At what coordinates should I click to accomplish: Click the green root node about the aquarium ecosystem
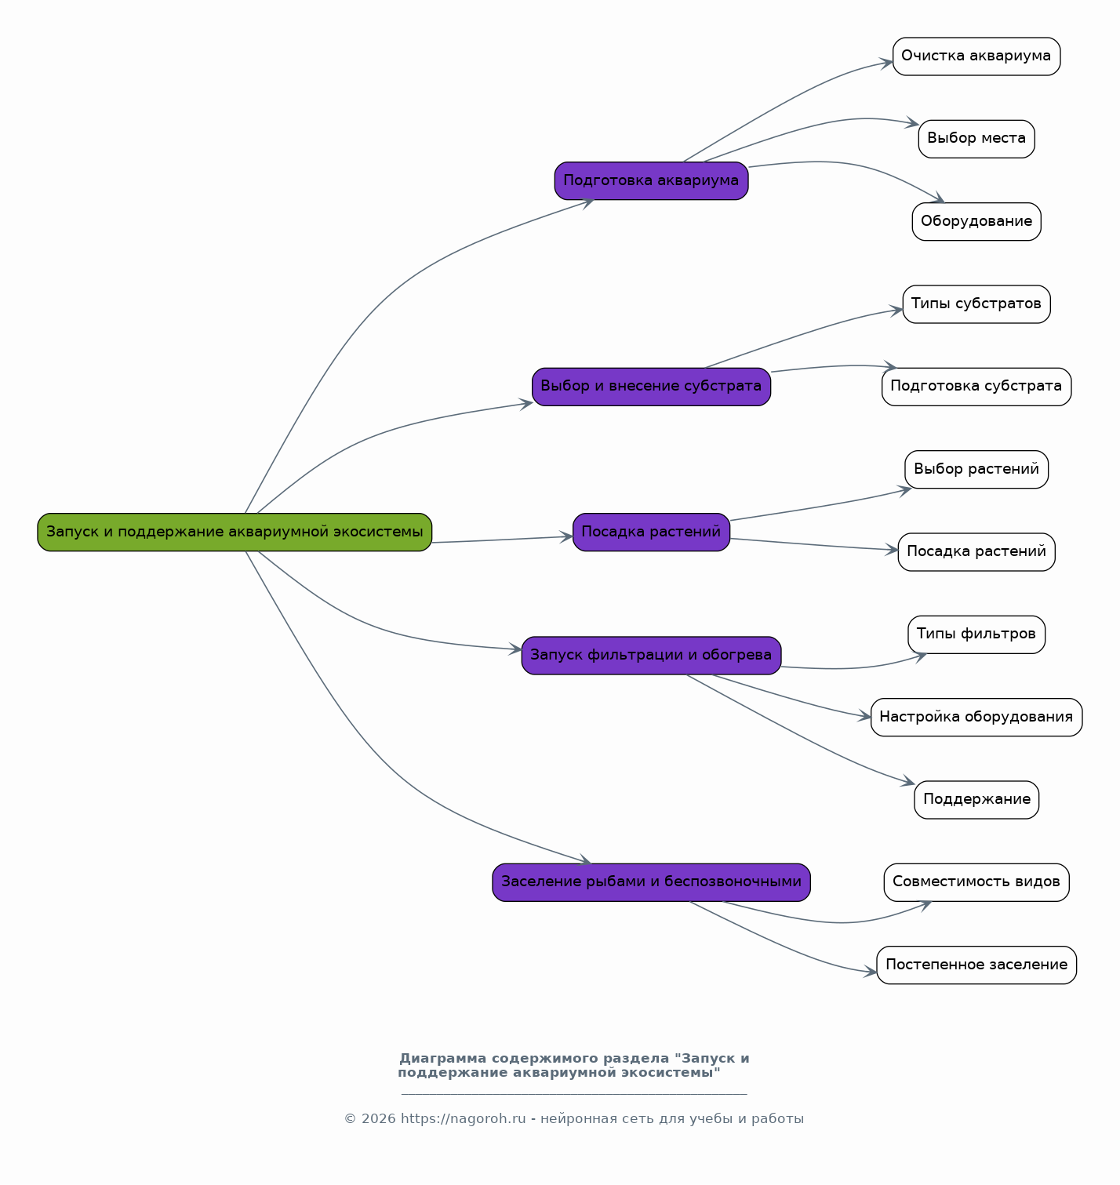[x=235, y=532]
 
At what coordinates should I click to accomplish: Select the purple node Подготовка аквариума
[x=651, y=181]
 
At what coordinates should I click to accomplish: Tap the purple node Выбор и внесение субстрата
[x=651, y=387]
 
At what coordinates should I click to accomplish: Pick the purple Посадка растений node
[x=651, y=532]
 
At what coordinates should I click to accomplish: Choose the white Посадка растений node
[x=976, y=552]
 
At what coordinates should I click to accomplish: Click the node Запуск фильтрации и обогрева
[x=651, y=655]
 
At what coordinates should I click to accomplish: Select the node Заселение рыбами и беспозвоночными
[x=651, y=882]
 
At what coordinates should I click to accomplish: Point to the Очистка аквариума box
[x=976, y=56]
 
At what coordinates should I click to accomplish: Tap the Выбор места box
[x=976, y=139]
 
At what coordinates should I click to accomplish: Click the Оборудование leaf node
[x=976, y=221]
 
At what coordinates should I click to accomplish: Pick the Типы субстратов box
[x=976, y=304]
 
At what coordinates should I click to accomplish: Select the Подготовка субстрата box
[x=976, y=387]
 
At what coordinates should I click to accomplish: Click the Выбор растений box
[x=976, y=470]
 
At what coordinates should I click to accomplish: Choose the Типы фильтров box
[x=976, y=634]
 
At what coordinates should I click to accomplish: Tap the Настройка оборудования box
[x=976, y=718]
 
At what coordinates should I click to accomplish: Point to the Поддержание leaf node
[x=976, y=800]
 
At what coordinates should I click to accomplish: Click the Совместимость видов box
[x=976, y=882]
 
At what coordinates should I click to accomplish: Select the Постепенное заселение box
[x=976, y=965]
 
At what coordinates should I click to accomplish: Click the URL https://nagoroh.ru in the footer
[x=464, y=1119]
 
